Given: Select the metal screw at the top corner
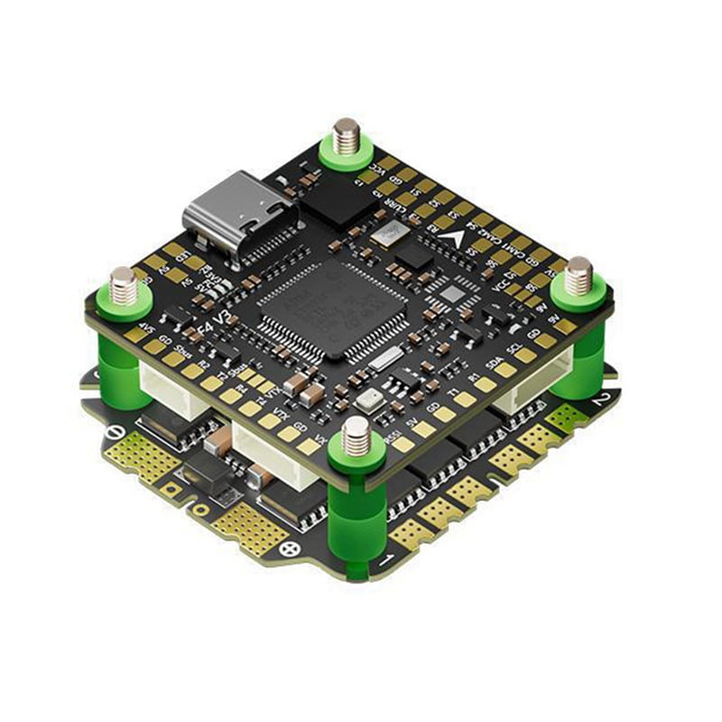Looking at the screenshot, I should [346, 137].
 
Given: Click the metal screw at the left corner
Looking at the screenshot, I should [124, 285].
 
